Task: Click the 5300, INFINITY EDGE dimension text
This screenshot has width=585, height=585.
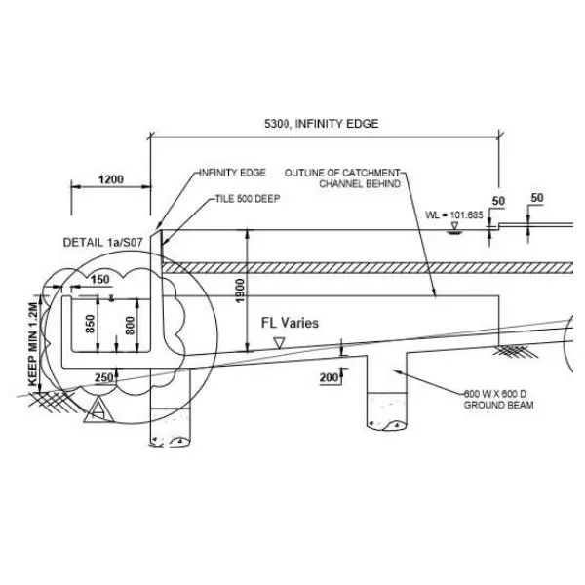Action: point(321,124)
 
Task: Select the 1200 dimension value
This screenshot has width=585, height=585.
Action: point(111,179)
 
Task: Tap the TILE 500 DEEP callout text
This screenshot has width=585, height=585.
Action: point(248,199)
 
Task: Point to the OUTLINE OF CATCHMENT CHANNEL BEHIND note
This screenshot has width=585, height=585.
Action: point(342,178)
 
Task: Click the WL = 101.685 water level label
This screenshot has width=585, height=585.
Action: point(454,215)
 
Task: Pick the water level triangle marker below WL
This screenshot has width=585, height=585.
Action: point(454,228)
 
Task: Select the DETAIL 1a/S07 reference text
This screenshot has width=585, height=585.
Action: point(103,243)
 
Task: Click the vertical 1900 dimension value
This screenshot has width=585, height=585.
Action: point(240,291)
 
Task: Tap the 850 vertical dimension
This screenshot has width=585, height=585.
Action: point(90,324)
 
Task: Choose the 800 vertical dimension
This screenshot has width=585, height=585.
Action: point(130,326)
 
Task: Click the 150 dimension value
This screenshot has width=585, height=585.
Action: point(100,280)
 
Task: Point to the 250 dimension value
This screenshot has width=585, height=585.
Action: point(103,378)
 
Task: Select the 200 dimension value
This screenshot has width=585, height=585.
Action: point(329,378)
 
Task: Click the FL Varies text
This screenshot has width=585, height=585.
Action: point(290,323)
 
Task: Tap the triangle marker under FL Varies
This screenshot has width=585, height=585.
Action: point(279,343)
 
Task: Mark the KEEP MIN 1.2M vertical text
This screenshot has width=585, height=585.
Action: point(33,344)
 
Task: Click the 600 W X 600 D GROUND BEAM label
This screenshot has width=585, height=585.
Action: point(499,399)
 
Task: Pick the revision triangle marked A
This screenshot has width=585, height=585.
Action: point(98,410)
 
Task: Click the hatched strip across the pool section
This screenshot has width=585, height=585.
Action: point(368,268)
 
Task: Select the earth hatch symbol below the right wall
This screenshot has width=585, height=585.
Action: point(515,351)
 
